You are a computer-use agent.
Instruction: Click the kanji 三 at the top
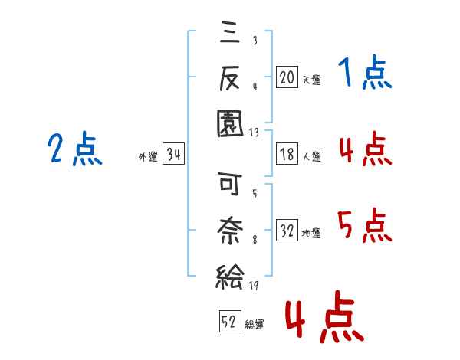point(230,32)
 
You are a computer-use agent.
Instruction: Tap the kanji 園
point(230,124)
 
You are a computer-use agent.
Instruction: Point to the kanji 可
point(230,184)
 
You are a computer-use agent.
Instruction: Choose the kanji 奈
point(230,230)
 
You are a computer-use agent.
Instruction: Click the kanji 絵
point(230,277)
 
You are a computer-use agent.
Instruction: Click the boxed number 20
point(287,77)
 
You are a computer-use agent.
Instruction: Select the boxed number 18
point(287,154)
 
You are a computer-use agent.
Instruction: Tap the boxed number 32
point(287,231)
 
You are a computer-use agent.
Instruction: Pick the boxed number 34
point(173,154)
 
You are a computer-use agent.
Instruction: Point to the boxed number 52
point(230,321)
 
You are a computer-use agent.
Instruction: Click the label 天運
point(311,80)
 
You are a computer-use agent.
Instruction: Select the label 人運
point(311,156)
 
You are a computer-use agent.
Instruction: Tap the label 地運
point(311,234)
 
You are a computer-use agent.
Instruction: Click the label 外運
point(148,156)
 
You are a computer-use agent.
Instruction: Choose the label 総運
point(255,324)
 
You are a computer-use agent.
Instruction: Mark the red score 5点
point(365,225)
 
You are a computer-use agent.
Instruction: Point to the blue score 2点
point(75,149)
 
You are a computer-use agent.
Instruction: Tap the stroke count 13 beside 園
point(254,133)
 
